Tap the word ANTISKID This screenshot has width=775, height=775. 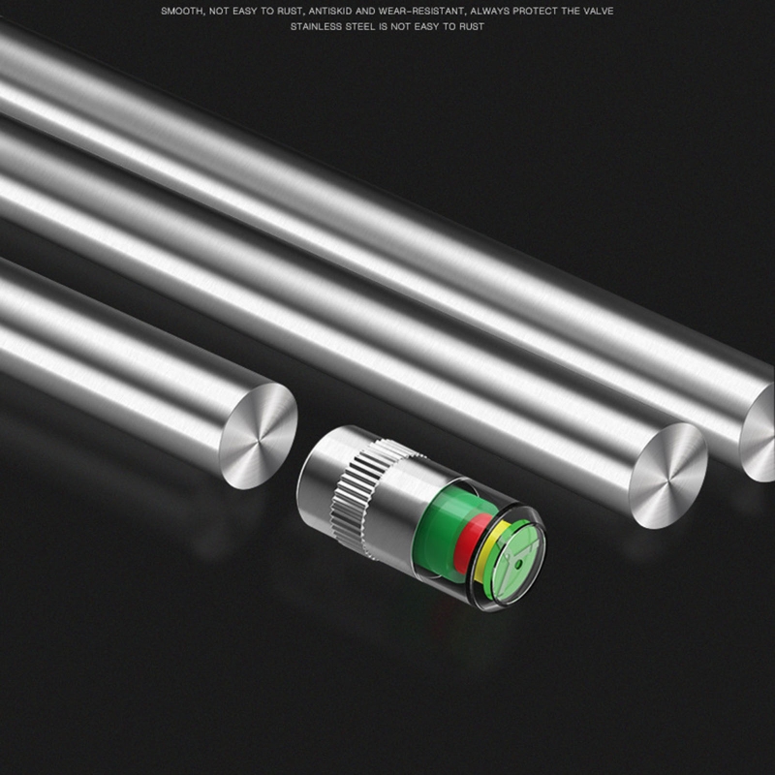[x=330, y=11]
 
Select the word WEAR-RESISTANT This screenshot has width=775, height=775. [x=421, y=11]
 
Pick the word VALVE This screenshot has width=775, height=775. [x=598, y=11]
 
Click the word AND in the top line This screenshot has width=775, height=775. [x=366, y=11]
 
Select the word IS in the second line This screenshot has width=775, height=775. [x=384, y=27]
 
